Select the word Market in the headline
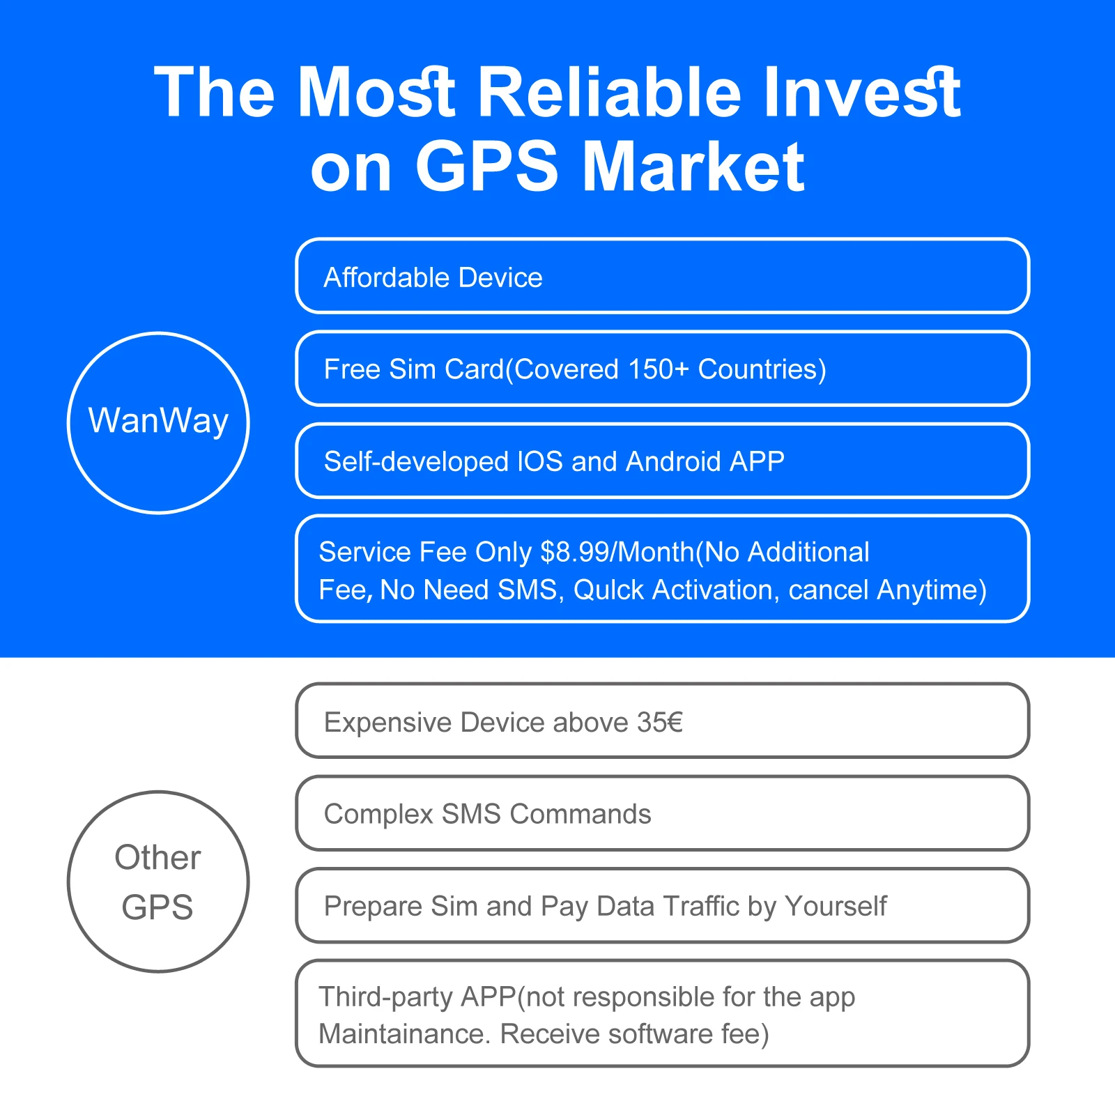[693, 167]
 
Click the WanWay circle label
[158, 422]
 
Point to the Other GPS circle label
[158, 882]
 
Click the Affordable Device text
[433, 277]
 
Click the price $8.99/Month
[617, 552]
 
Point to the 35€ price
[660, 723]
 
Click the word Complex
[378, 815]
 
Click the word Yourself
[835, 906]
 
